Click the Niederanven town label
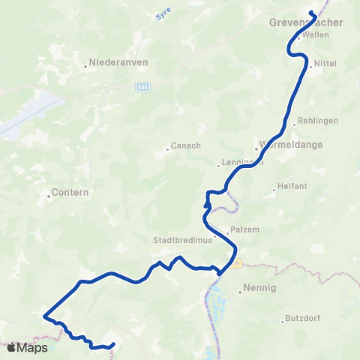click(x=117, y=63)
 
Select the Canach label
click(x=184, y=146)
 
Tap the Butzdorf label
click(x=303, y=319)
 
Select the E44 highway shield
click(x=143, y=87)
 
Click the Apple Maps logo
click(x=27, y=347)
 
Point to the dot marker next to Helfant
click(x=274, y=189)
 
